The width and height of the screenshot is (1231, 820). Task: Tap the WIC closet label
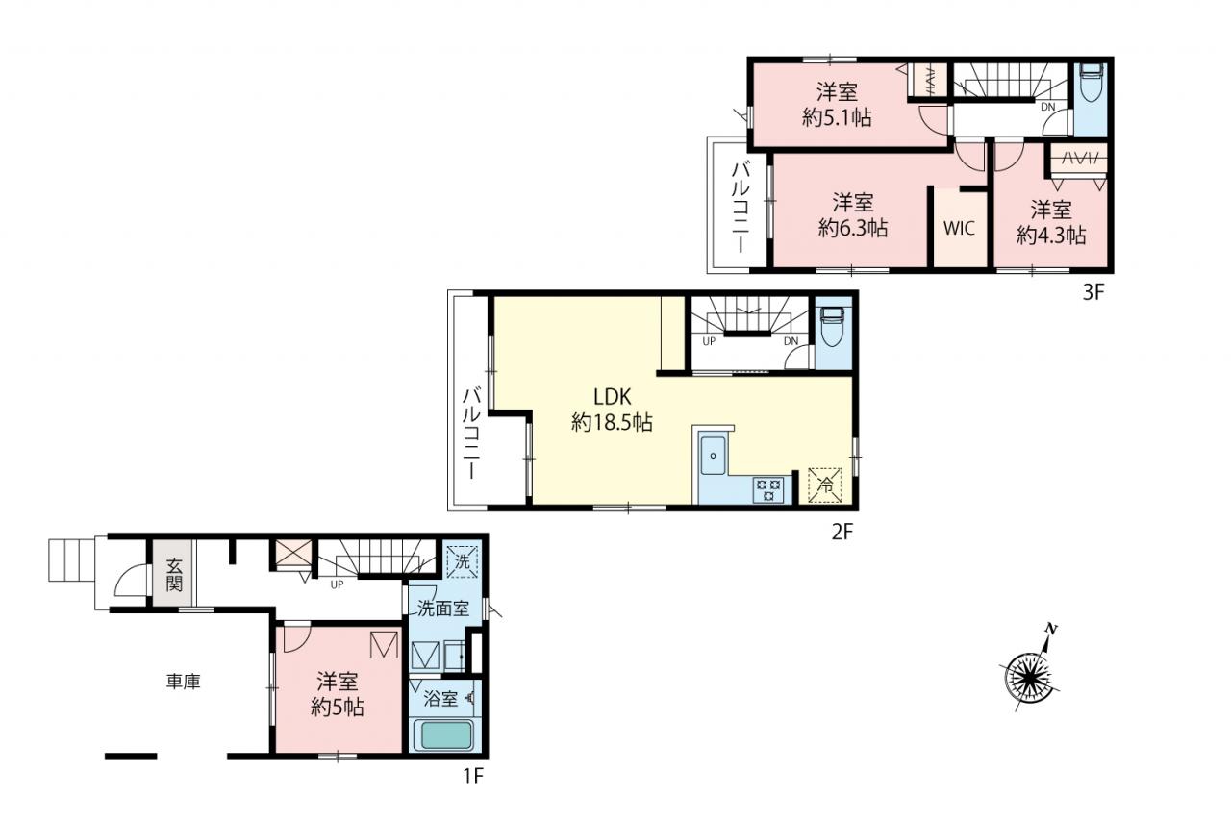point(960,228)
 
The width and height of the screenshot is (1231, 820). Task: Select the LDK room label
point(613,397)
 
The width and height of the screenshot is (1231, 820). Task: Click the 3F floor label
point(1093,292)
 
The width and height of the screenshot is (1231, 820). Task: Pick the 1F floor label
point(472,776)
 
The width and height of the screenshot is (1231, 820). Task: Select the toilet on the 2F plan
point(833,326)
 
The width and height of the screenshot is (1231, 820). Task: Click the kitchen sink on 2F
point(713,456)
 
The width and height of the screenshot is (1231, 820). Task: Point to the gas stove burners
point(767,490)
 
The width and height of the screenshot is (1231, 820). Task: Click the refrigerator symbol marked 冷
point(825,485)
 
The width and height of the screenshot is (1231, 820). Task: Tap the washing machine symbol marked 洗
point(462,561)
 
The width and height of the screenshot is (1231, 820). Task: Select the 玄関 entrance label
point(174,575)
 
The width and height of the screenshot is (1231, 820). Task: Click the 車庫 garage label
point(184,683)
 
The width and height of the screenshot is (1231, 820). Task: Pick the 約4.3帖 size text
point(1051,236)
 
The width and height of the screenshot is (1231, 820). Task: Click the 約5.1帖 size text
point(836,117)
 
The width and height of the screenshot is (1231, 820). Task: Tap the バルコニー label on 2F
point(471,434)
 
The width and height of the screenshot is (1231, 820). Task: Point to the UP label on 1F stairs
point(337,584)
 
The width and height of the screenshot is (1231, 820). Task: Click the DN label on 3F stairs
point(1048,107)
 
